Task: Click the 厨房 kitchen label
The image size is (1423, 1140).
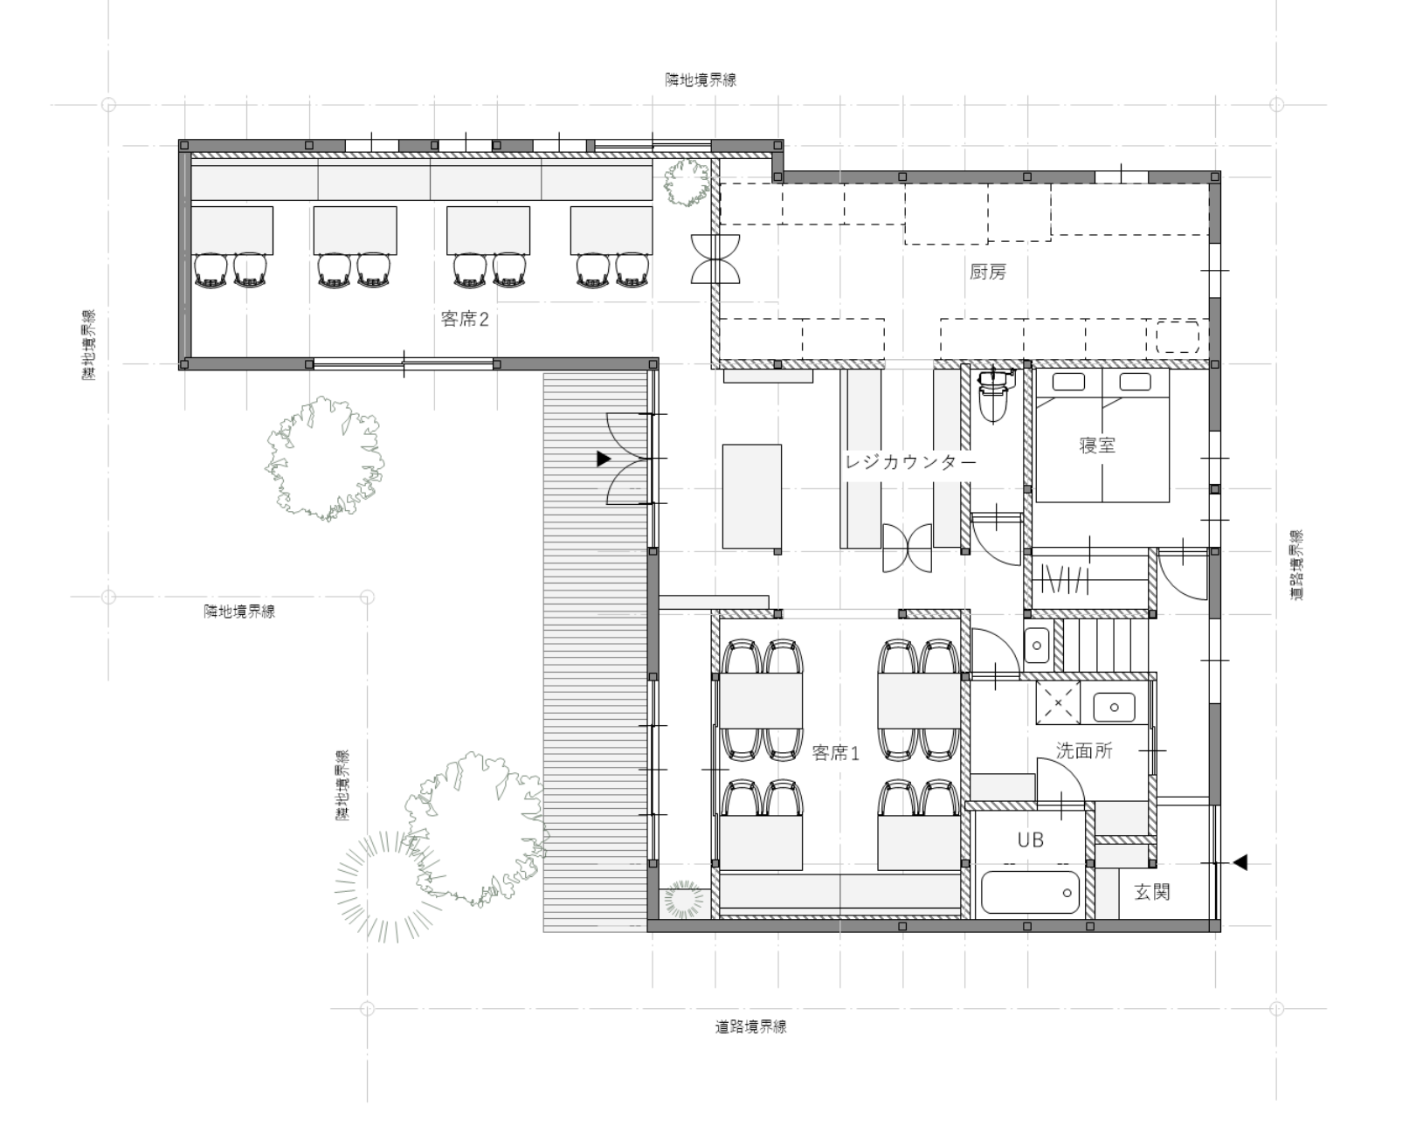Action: [988, 272]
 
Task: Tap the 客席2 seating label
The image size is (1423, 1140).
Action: [465, 320]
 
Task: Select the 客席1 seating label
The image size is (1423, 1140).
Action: [836, 752]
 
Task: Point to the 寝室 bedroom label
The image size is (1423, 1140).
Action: [1098, 445]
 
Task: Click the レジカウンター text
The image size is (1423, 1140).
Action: [911, 461]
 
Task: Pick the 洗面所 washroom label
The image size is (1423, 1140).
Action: [1084, 750]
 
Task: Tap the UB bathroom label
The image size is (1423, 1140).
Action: [1030, 839]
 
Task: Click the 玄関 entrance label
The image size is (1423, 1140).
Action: [1152, 892]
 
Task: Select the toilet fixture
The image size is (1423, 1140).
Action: [993, 396]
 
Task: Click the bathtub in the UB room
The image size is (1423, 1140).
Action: [1030, 893]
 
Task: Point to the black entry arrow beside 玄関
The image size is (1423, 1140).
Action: [1240, 862]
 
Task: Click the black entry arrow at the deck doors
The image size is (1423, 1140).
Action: [604, 459]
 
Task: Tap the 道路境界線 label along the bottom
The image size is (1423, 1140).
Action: [751, 1027]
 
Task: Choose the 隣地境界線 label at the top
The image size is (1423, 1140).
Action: [701, 79]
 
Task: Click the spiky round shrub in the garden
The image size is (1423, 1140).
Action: [389, 886]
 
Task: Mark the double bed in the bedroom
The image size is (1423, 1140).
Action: [1102, 435]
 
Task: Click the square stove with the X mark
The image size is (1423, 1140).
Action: [1058, 703]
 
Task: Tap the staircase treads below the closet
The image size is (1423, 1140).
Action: [1106, 646]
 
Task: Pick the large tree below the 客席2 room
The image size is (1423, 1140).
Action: [325, 459]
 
